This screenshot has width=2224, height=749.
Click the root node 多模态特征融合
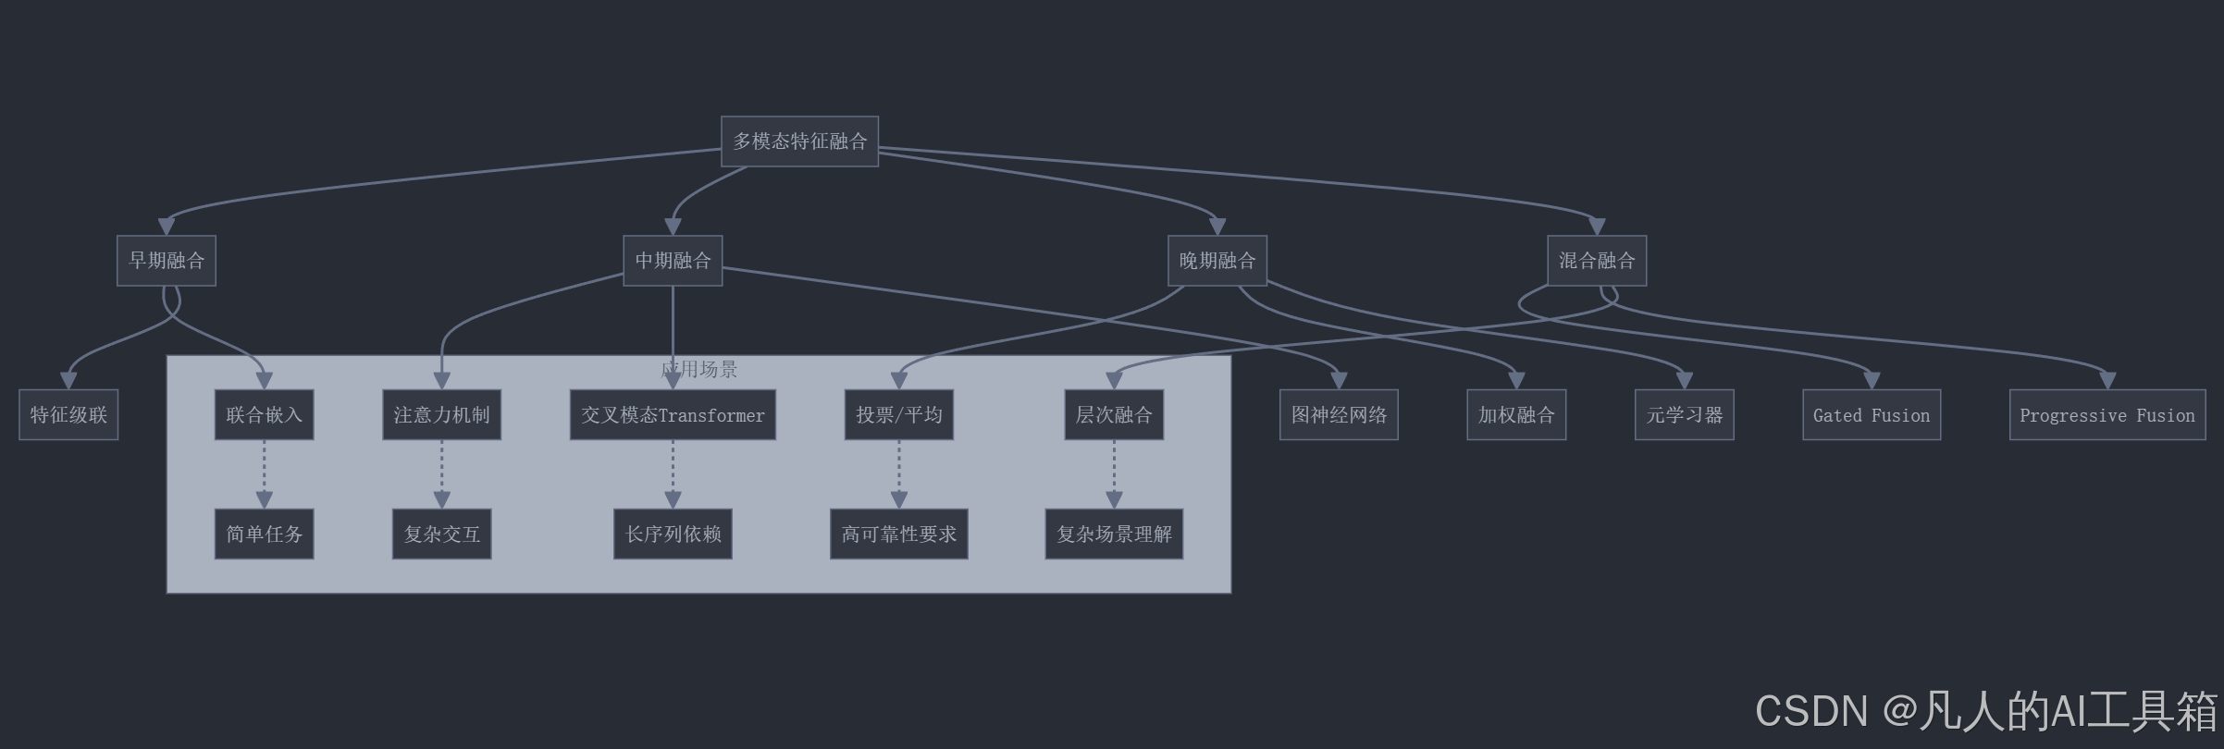(x=799, y=141)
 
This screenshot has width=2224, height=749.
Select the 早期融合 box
(x=167, y=261)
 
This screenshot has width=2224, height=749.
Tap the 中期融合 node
(x=673, y=261)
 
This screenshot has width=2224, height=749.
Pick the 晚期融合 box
(x=1217, y=261)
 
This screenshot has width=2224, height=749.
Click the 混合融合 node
(x=1596, y=261)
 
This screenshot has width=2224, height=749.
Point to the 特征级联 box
(x=68, y=415)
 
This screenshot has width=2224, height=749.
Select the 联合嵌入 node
(x=264, y=415)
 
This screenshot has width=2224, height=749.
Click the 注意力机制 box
(x=441, y=415)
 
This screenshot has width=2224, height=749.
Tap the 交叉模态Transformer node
(x=673, y=415)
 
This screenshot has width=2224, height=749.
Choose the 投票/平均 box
(x=898, y=415)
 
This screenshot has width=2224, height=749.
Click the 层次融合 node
(x=1114, y=415)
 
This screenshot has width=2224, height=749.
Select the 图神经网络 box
(x=1339, y=415)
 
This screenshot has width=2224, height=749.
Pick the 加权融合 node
(x=1516, y=415)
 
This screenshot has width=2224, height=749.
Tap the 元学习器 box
(x=1684, y=415)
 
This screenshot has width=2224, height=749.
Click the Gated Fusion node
(x=1872, y=415)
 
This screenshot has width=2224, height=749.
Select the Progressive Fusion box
(x=2107, y=415)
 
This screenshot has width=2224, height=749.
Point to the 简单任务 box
(x=264, y=534)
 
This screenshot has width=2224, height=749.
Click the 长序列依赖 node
(x=673, y=534)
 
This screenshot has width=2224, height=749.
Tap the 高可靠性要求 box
(x=898, y=534)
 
